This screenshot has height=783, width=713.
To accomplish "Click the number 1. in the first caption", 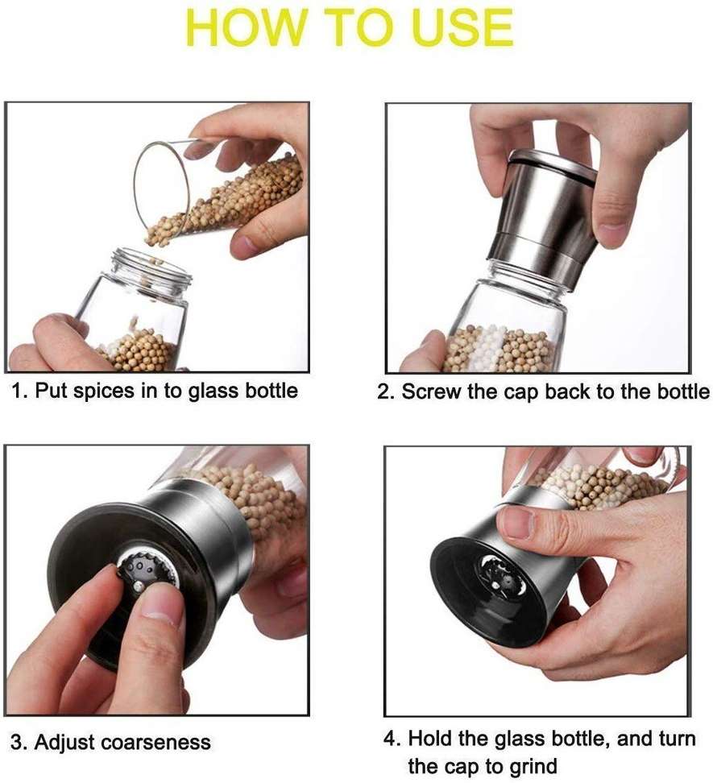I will tap(19, 391).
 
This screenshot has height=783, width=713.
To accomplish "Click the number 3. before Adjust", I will tap(19, 742).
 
